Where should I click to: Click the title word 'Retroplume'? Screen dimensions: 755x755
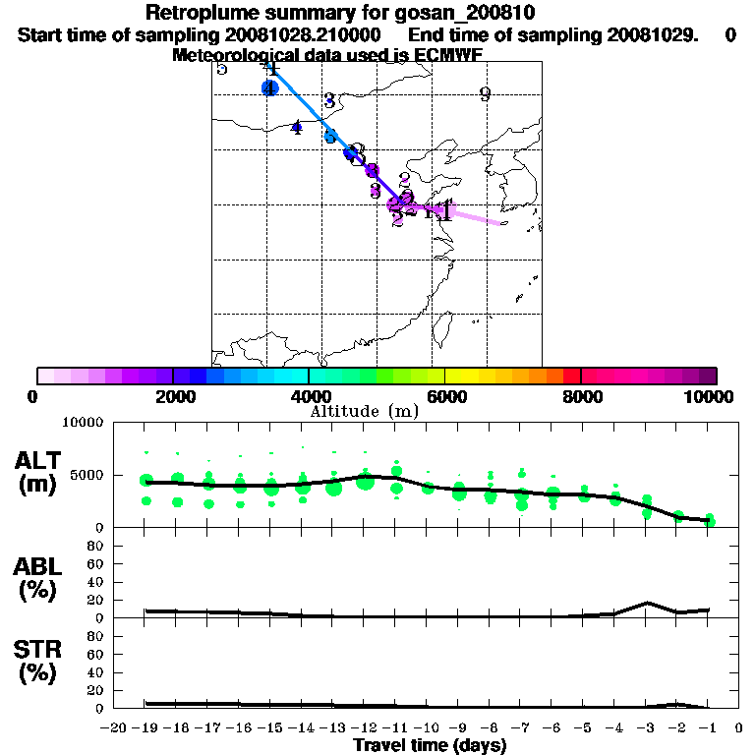point(201,13)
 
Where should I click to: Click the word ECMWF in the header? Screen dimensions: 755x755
point(449,55)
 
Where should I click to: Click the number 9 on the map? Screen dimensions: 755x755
point(485,94)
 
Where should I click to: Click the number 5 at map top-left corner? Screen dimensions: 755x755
point(222,68)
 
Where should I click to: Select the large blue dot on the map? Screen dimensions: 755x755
point(270,88)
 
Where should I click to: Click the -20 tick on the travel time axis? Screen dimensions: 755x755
point(114,727)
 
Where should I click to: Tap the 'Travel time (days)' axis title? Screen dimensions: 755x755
point(430,745)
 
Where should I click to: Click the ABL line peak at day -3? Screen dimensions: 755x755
point(647,603)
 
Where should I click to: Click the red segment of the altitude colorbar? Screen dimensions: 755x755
point(571,376)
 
